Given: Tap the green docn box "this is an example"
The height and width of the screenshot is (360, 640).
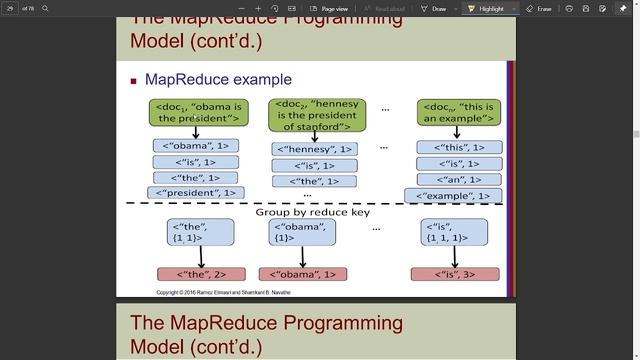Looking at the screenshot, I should (x=459, y=112).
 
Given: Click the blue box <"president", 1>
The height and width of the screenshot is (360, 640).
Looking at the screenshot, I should (x=196, y=193).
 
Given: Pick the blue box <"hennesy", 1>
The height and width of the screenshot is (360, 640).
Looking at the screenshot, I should (x=315, y=149).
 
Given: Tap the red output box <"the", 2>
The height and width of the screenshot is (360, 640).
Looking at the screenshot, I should (x=201, y=274).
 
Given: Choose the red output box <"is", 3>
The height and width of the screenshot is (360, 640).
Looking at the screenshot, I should (x=455, y=274).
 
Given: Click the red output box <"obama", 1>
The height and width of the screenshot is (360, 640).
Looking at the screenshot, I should (x=303, y=274).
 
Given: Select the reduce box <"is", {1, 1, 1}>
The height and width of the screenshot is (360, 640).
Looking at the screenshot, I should (x=455, y=232).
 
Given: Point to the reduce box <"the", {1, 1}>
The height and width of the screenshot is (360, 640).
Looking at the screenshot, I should (x=201, y=232).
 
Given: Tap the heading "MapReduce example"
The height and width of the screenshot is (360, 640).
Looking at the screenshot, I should (x=218, y=79).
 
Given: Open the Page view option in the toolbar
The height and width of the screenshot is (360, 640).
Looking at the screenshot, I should (x=329, y=8).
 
